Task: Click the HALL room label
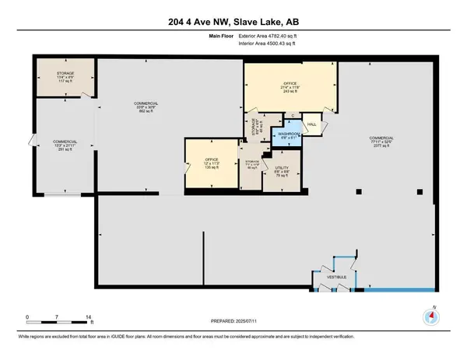311,124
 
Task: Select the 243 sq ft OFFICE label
290,88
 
